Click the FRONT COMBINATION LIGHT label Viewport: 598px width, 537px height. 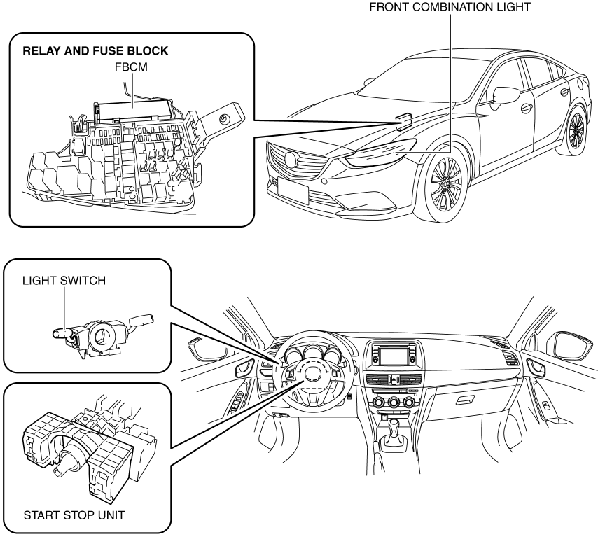[x=450, y=7]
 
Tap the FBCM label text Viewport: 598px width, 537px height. [x=131, y=67]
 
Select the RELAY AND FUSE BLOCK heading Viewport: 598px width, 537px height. [x=95, y=50]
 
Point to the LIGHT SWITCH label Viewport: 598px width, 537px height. [x=64, y=281]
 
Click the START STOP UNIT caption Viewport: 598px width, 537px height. [x=74, y=515]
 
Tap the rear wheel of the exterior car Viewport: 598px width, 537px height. [x=576, y=130]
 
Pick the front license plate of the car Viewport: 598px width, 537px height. [x=293, y=190]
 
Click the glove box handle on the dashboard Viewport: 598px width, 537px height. [x=466, y=400]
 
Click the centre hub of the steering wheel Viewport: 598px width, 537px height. [x=313, y=374]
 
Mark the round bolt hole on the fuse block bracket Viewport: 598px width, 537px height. [x=223, y=120]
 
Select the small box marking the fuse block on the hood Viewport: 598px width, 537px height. [x=403, y=121]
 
